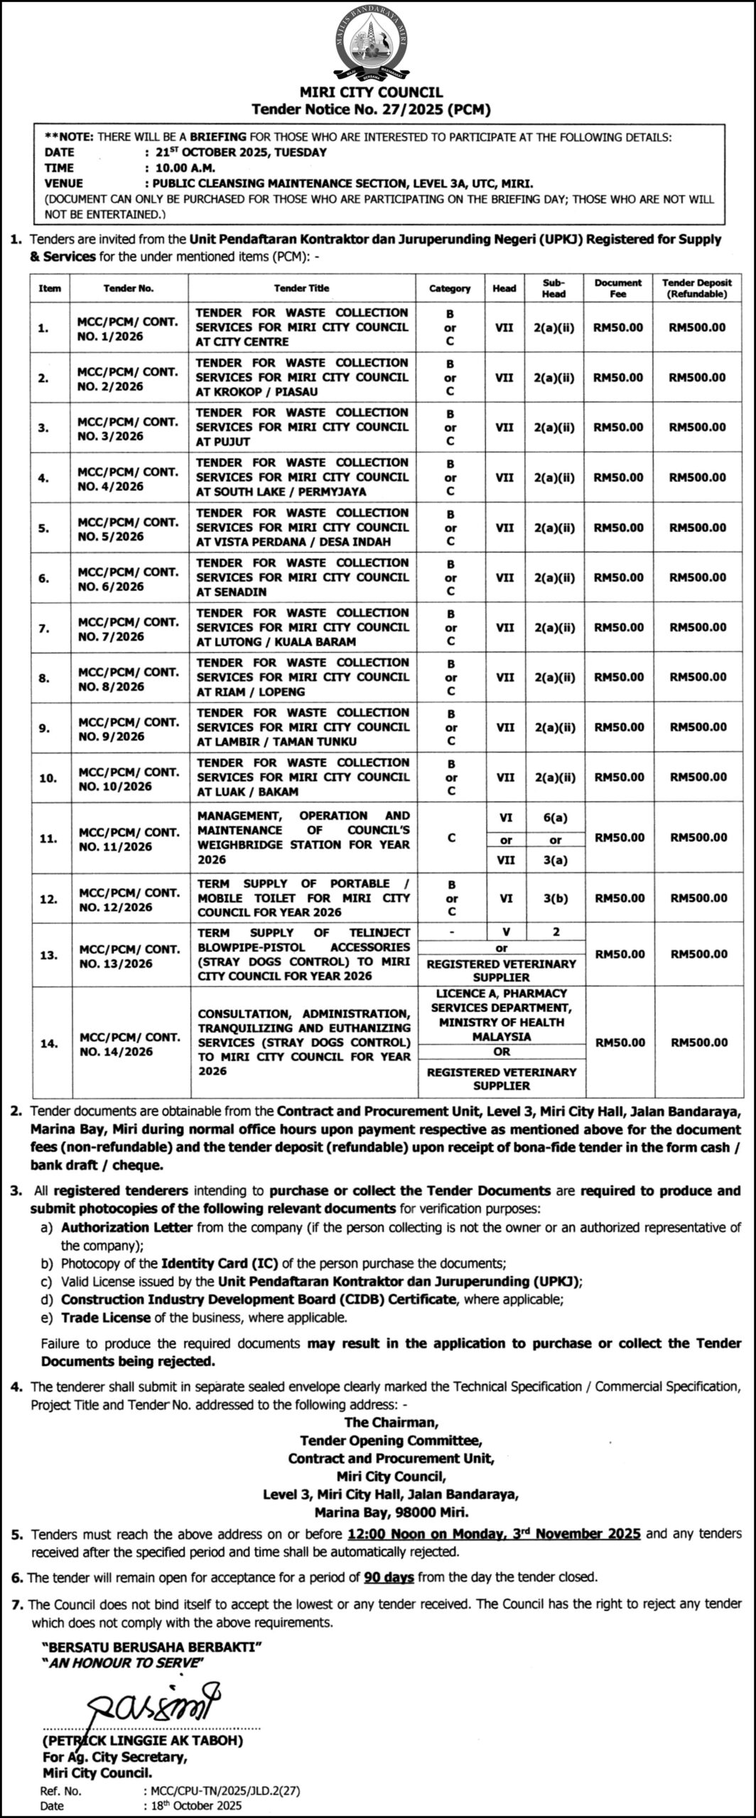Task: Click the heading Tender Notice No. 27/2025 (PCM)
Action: [x=371, y=109]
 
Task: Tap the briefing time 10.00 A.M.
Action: [x=180, y=168]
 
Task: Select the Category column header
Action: [x=450, y=288]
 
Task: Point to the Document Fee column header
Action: [x=617, y=288]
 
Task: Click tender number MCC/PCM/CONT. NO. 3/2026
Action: [x=128, y=428]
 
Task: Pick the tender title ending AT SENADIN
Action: [x=302, y=577]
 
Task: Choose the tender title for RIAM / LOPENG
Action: [x=302, y=677]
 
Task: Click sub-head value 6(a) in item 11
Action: [x=555, y=817]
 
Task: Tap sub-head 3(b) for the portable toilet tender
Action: [x=555, y=898]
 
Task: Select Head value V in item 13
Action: [x=504, y=932]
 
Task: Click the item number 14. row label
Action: [x=49, y=1043]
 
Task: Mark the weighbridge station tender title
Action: [x=303, y=837]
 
